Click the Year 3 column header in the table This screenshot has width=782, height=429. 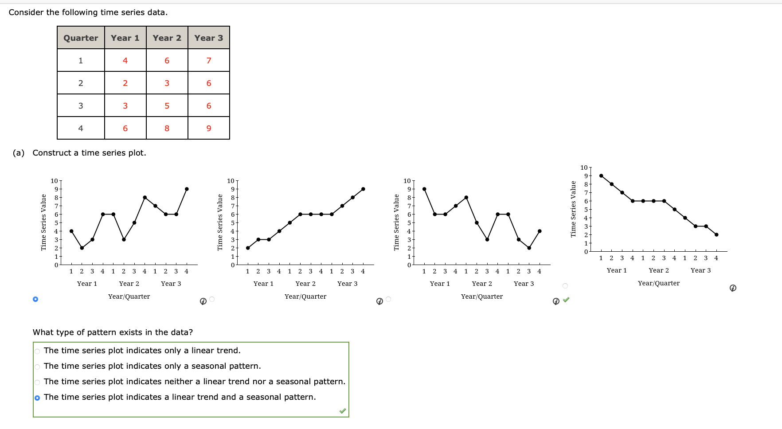click(x=208, y=38)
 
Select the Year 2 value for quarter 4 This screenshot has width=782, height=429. click(x=167, y=129)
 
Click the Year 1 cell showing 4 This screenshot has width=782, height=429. click(x=125, y=61)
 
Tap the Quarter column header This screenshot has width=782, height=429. click(x=81, y=38)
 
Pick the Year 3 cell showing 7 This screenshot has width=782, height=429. click(x=208, y=61)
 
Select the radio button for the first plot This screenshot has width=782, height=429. click(x=35, y=299)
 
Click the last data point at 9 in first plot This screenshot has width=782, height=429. click(x=187, y=189)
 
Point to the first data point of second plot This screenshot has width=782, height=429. click(x=248, y=248)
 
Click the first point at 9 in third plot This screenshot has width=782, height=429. click(x=424, y=189)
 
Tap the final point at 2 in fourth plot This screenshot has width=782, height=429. click(x=716, y=235)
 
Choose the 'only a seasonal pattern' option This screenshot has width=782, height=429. click(x=37, y=367)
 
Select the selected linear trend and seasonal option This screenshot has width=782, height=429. click(x=37, y=398)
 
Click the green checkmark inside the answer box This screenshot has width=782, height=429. click(x=342, y=411)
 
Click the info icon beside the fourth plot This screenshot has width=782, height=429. click(x=733, y=288)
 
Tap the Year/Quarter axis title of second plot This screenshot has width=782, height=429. click(x=305, y=296)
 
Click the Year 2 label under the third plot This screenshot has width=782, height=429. click(x=482, y=284)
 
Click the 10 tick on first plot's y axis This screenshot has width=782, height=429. click(x=54, y=181)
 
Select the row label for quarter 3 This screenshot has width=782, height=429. click(x=81, y=106)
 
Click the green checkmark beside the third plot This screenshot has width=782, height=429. click(x=566, y=300)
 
